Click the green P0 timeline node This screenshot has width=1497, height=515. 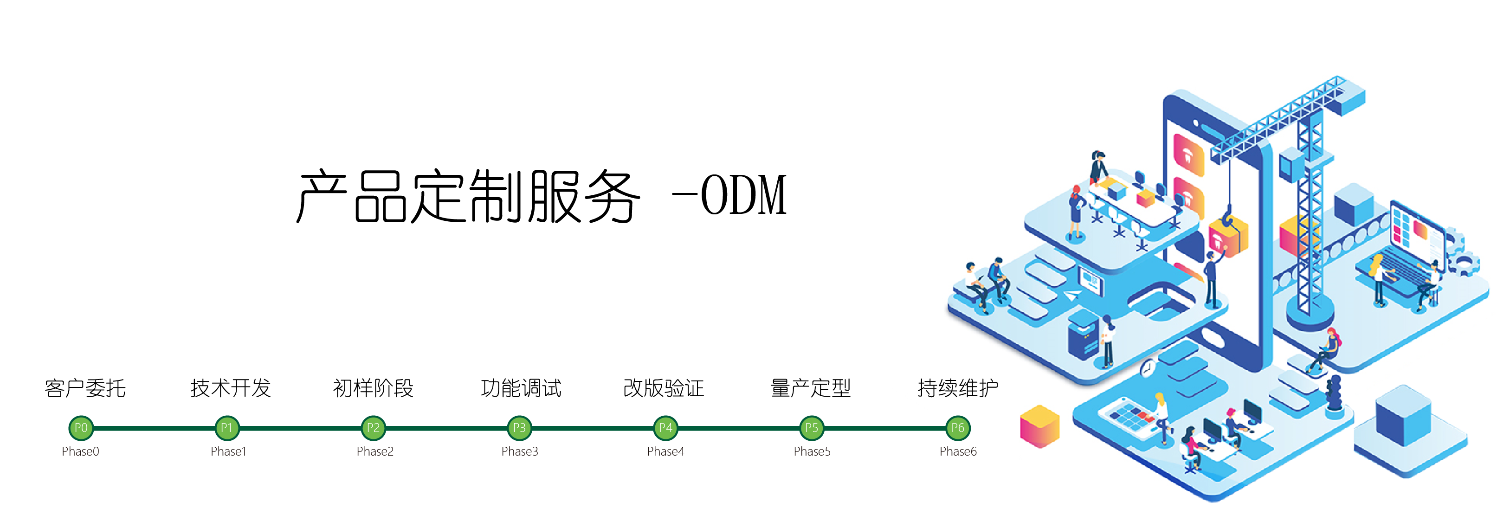click(x=81, y=428)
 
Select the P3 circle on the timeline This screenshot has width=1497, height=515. click(x=519, y=428)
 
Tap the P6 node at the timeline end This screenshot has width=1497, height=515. click(x=957, y=428)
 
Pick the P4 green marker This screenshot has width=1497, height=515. click(x=665, y=428)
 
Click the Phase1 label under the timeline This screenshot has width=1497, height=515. click(x=228, y=451)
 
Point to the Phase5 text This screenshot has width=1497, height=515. click(x=812, y=451)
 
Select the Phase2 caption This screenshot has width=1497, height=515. click(x=375, y=451)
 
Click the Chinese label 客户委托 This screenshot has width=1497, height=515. click(x=85, y=388)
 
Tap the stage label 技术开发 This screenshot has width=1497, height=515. click(x=231, y=388)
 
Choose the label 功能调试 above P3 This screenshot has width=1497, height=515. click(x=521, y=388)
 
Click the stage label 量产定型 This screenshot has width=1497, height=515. click(x=811, y=388)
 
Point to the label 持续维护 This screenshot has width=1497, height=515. click(x=958, y=388)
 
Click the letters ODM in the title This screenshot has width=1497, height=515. click(x=744, y=195)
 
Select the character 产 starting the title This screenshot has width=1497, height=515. click(x=323, y=196)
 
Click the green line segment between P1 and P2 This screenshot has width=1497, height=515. click(x=300, y=428)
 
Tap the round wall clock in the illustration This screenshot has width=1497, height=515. click(x=1147, y=368)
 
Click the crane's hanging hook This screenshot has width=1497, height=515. click(x=1228, y=217)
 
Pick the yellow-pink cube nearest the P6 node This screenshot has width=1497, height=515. click(x=1039, y=427)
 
